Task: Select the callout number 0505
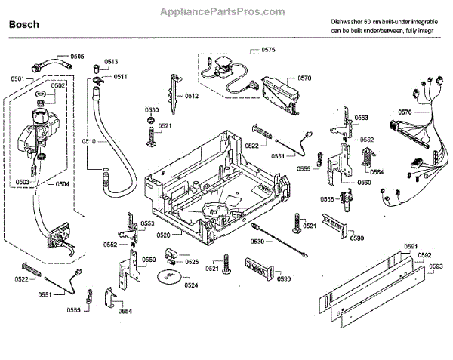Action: pos(78,57)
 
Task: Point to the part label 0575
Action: pos(268,50)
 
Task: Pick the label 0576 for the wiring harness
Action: pos(405,112)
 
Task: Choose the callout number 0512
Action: pos(192,96)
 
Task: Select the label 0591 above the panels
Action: pos(411,247)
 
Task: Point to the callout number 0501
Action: pos(17,78)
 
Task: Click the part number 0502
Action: pos(58,85)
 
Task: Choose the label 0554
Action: pos(125,311)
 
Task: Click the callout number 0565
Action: pos(328,198)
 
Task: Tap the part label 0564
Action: pos(377,172)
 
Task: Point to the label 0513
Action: pos(111,61)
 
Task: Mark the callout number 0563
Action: pos(362,118)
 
